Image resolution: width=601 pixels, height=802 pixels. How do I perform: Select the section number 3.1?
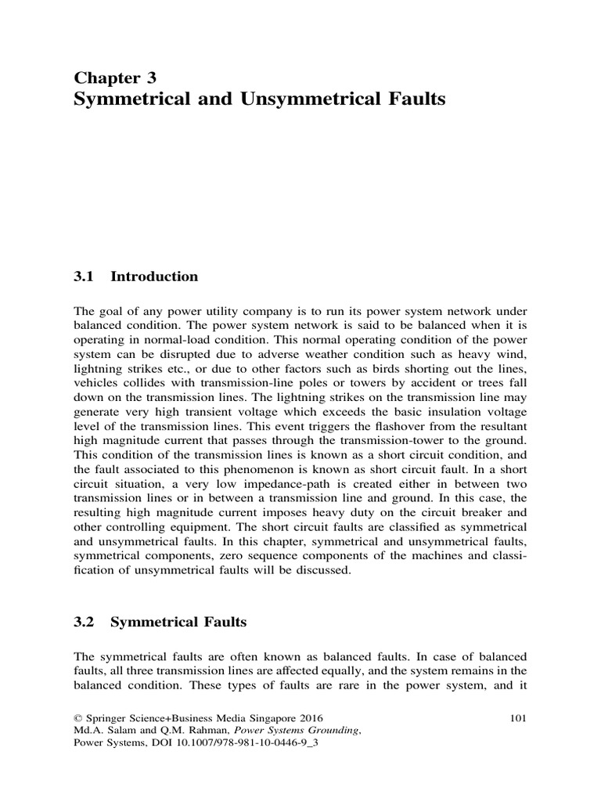tap(83, 276)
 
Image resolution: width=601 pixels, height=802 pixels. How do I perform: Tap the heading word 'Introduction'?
tap(154, 276)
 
